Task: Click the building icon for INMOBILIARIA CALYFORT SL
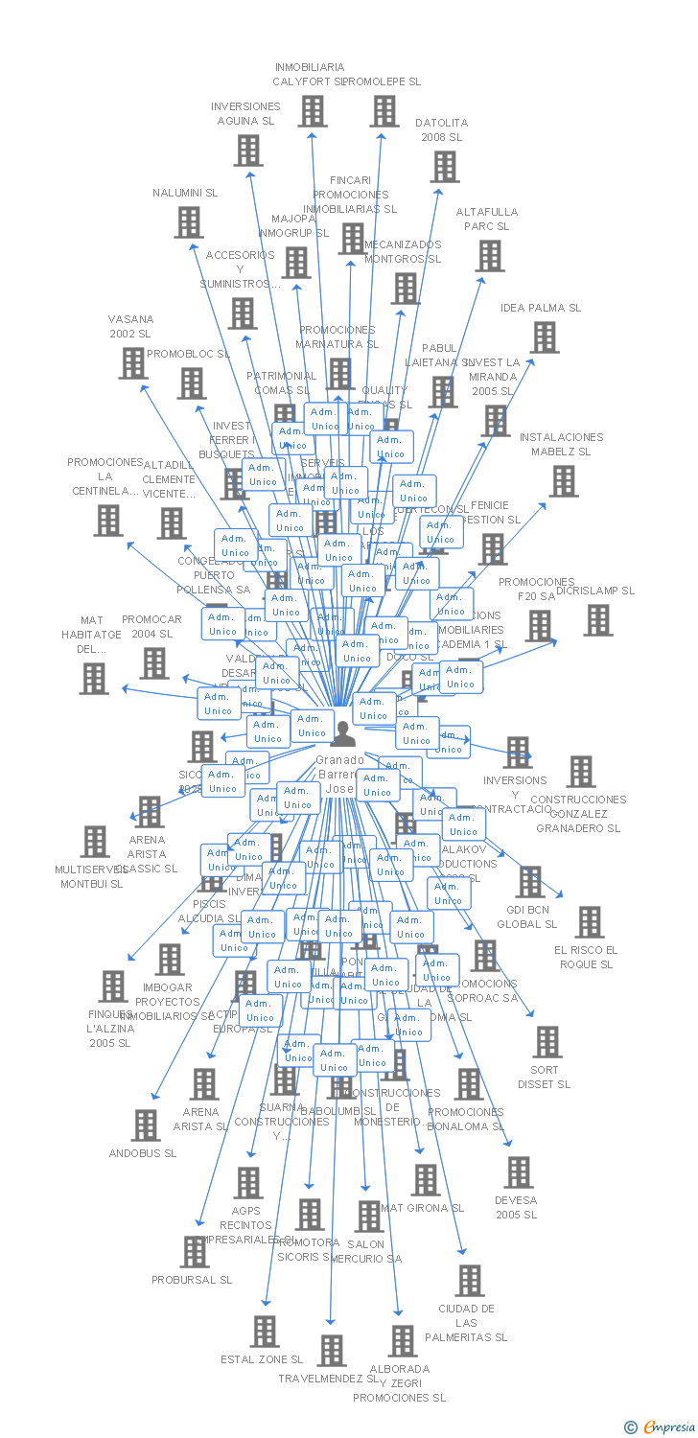coord(312,111)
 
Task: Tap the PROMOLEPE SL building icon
coord(384,111)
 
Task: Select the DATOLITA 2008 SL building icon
coord(444,167)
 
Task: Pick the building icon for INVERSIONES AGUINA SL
coord(248,151)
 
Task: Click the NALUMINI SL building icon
coord(189,222)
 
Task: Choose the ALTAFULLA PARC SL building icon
coord(490,256)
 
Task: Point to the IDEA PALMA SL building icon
coord(545,337)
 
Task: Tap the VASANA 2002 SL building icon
coord(132,362)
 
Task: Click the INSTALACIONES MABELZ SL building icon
coord(564,481)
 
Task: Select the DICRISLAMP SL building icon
coord(598,620)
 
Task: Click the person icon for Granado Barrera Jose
coord(342,732)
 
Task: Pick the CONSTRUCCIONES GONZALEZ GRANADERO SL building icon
coord(580,772)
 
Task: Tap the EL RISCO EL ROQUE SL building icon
coord(589,922)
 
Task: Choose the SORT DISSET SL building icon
coord(547,1042)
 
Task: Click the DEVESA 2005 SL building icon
coord(518,1171)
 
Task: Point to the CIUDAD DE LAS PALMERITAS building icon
coord(469,1280)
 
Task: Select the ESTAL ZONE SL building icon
coord(265,1331)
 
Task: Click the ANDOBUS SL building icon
coord(145,1125)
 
